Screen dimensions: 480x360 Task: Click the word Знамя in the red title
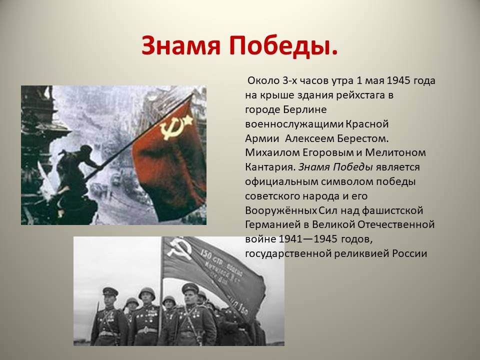tap(181, 45)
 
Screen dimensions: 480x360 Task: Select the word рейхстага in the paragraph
tap(360, 95)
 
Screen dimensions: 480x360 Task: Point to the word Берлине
tap(305, 109)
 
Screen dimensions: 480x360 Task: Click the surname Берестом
tap(363, 138)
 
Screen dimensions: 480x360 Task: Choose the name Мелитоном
tap(395, 152)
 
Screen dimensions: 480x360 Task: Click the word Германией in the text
tap(273, 224)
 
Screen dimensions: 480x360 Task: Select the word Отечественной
tap(396, 224)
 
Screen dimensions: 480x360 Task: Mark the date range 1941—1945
tap(308, 239)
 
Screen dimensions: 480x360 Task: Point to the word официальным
tap(281, 181)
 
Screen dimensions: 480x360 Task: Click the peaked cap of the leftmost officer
tap(110, 291)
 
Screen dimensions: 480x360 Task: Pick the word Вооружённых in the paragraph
tap(280, 210)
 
